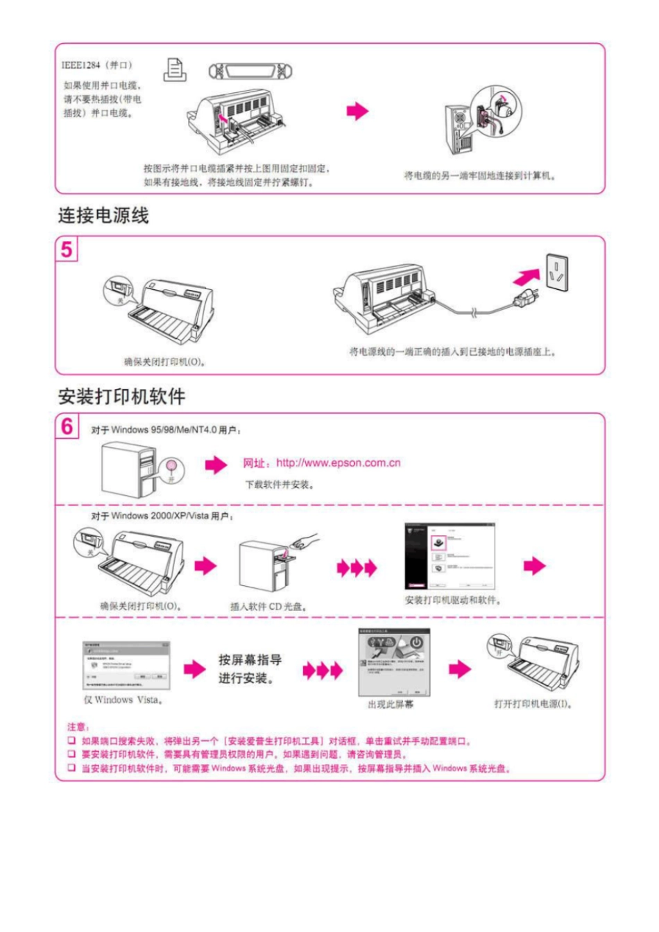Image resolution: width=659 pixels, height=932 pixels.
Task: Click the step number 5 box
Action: click(x=67, y=249)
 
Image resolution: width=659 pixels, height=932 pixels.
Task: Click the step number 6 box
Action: click(x=67, y=426)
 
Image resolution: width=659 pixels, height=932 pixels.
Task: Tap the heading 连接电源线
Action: click(x=103, y=216)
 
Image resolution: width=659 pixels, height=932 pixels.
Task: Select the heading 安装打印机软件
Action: click(x=121, y=397)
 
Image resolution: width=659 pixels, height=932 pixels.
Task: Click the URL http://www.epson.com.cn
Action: click(x=338, y=463)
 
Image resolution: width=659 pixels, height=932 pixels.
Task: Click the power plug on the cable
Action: click(x=527, y=300)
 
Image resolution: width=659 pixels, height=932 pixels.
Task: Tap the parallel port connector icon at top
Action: click(x=250, y=71)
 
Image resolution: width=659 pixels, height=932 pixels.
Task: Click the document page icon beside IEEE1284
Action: click(x=175, y=69)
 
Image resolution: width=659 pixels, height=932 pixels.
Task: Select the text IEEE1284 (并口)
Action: click(x=96, y=65)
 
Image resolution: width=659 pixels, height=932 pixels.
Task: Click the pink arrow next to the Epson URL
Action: click(x=216, y=464)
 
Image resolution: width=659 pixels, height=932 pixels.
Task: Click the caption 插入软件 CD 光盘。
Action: click(x=268, y=607)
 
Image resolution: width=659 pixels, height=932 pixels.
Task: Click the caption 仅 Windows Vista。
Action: click(x=123, y=700)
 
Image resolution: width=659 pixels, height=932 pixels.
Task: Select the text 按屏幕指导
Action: click(x=250, y=659)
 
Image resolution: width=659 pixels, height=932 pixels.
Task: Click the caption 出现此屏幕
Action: click(x=390, y=705)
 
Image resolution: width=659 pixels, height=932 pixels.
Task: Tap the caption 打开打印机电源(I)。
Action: click(x=533, y=704)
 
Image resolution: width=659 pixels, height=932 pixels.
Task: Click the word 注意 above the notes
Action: click(x=78, y=727)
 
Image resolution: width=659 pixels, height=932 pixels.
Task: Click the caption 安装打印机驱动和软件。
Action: click(x=452, y=600)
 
